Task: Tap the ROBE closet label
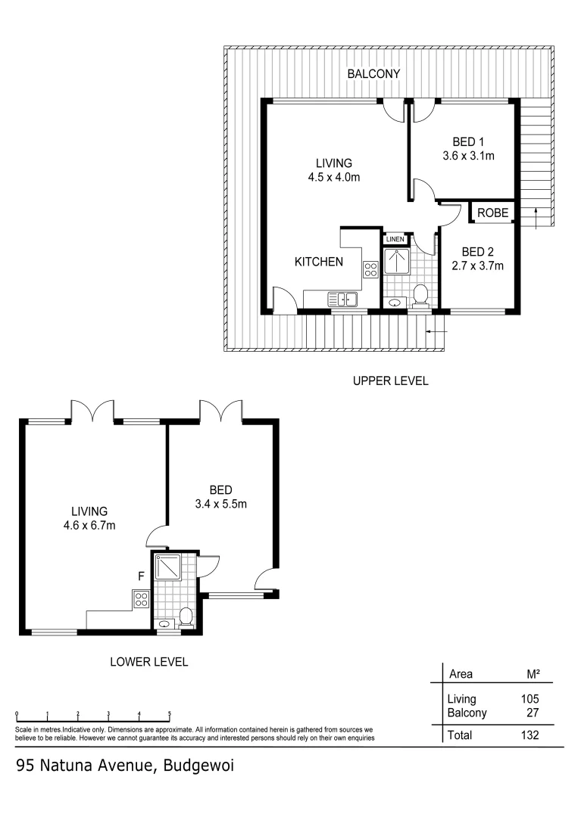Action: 492,213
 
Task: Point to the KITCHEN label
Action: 319,262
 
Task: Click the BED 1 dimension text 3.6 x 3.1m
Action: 468,157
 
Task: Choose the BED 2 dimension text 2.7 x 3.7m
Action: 478,266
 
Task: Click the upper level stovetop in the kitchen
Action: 371,270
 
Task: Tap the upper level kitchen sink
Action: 342,300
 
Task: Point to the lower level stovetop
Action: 141,600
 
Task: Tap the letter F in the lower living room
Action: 141,576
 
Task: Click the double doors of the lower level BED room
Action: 221,412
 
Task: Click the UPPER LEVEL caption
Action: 390,381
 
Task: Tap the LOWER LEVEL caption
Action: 149,662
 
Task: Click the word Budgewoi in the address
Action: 198,766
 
